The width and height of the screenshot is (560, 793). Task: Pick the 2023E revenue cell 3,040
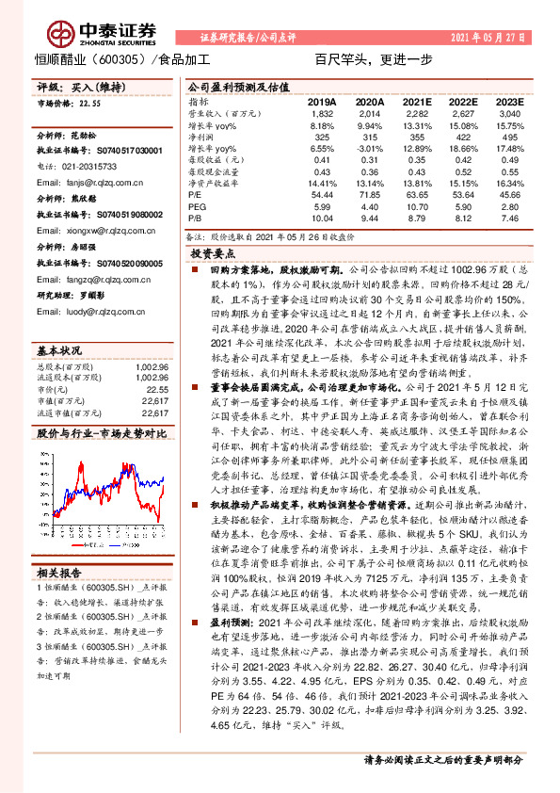pos(508,114)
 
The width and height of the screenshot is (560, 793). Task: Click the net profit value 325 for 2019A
pos(322,138)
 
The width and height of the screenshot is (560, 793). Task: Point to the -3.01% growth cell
pos(369,149)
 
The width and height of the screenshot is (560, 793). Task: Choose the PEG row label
pos(197,207)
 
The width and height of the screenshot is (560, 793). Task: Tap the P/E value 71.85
pos(369,196)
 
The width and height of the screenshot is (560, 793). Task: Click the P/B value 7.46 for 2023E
pos(509,218)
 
